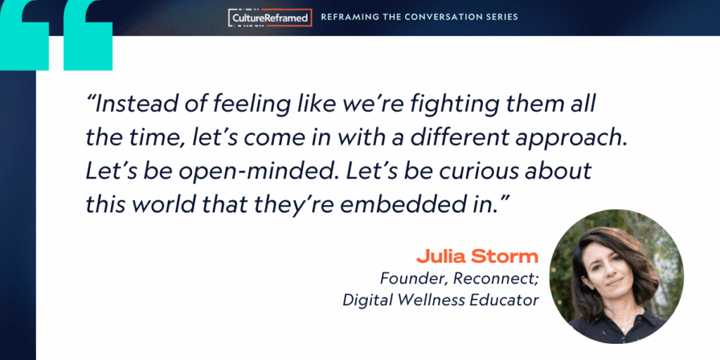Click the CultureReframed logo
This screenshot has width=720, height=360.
270,18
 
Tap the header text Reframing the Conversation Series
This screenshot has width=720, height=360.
419,17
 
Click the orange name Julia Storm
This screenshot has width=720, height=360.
477,257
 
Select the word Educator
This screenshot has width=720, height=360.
501,300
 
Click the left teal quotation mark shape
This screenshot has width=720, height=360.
25,35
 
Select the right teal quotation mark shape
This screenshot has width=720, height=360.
88,35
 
